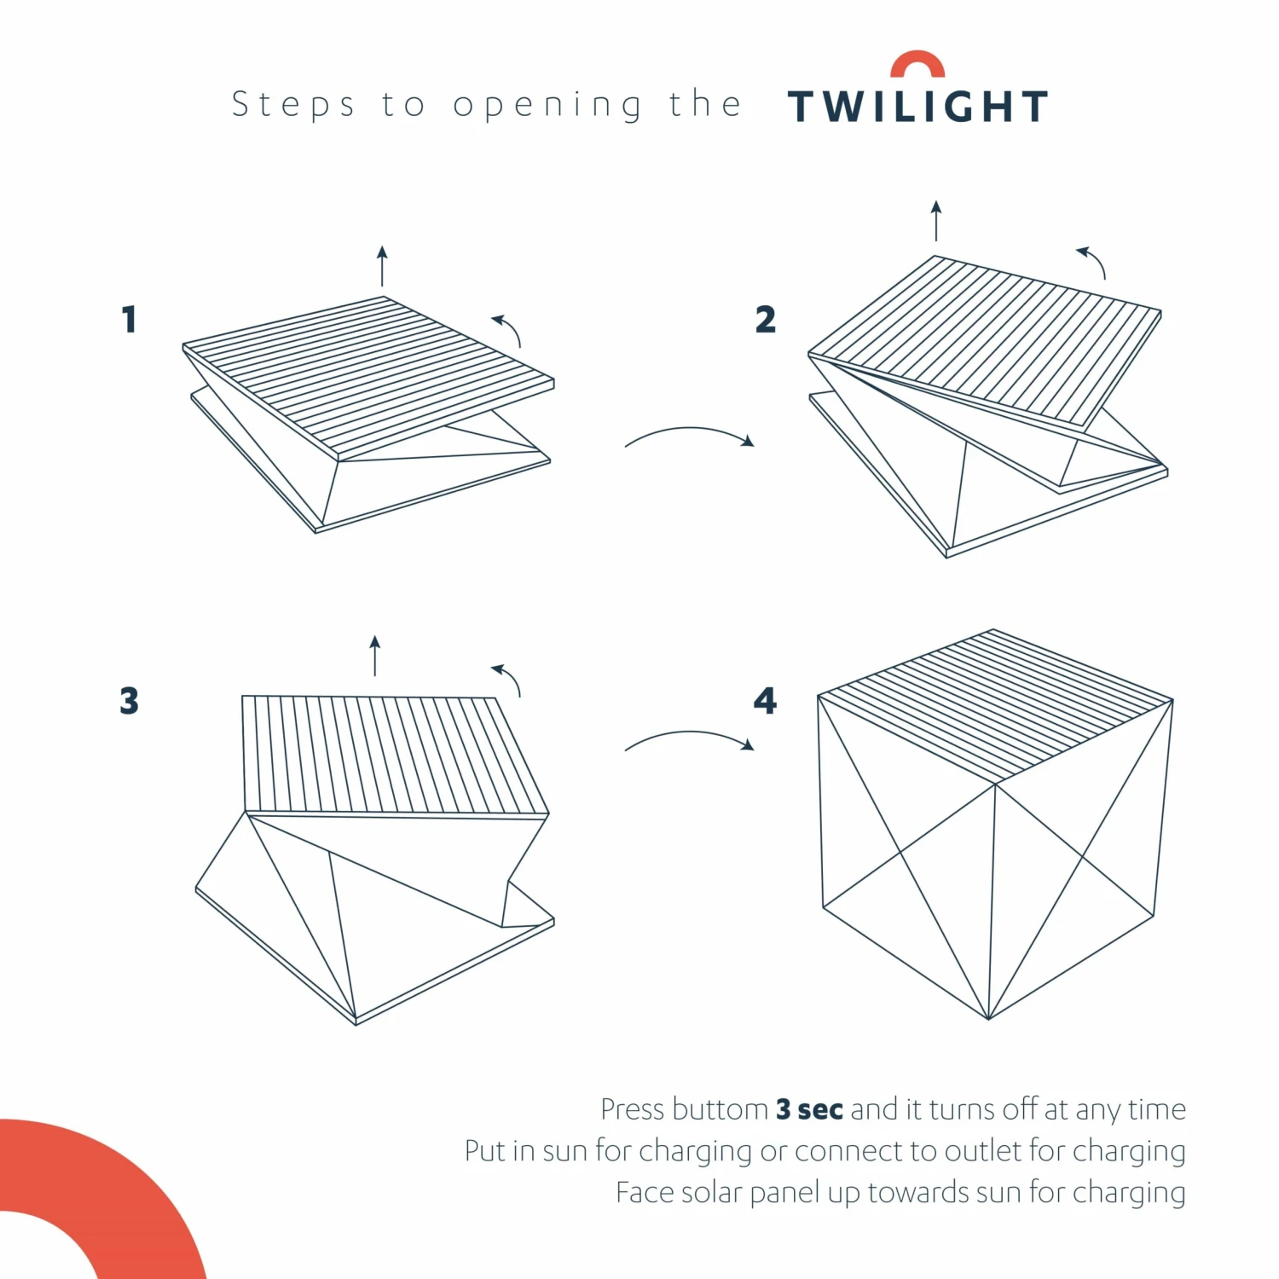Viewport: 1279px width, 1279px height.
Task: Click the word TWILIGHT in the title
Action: [x=917, y=107]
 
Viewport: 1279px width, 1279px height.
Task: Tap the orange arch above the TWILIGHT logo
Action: [x=917, y=61]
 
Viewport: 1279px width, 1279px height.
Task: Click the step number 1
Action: [x=129, y=320]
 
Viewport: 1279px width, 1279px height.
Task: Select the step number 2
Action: [x=765, y=320]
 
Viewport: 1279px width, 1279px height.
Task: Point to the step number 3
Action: [x=129, y=701]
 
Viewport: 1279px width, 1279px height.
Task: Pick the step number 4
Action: [x=765, y=701]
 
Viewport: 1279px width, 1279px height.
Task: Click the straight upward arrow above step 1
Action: [x=382, y=266]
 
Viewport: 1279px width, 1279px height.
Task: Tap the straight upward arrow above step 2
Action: [x=936, y=221]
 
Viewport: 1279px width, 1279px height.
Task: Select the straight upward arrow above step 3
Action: [x=374, y=656]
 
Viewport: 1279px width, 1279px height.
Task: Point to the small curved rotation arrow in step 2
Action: [x=1093, y=261]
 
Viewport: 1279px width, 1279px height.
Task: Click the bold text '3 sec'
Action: [x=809, y=1109]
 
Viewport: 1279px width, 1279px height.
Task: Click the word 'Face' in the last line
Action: [x=644, y=1192]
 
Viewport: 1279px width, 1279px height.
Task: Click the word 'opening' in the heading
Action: [x=547, y=106]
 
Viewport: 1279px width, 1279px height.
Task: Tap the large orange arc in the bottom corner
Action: [x=128, y=1194]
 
